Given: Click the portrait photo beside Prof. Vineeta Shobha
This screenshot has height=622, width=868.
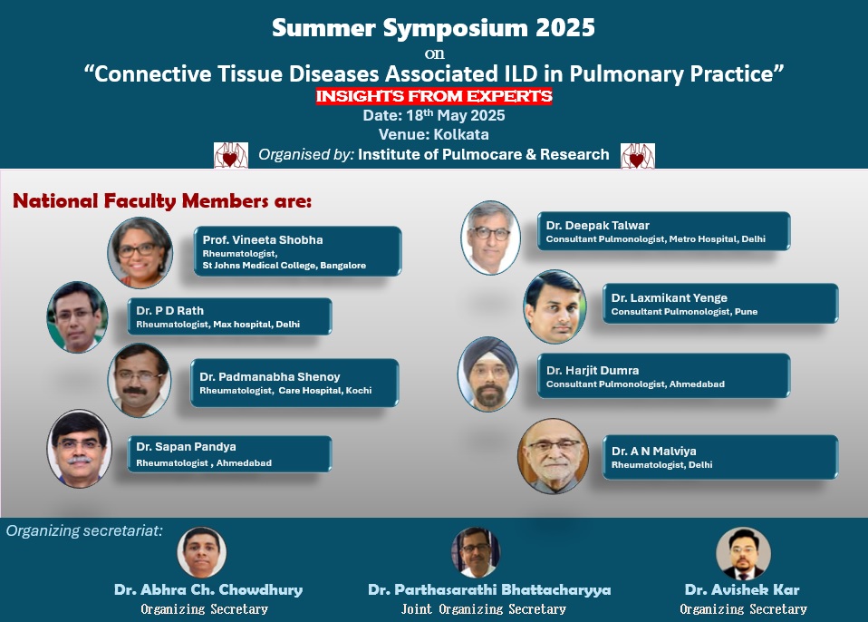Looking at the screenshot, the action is coord(140,253).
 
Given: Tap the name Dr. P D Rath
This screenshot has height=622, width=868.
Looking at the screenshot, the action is coord(170,311).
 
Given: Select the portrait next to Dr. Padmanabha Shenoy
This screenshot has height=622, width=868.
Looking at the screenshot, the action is coord(140,380).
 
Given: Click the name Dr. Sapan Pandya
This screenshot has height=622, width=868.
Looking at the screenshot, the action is coord(186,446).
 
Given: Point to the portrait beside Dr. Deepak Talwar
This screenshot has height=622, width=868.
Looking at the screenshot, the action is coord(490,238).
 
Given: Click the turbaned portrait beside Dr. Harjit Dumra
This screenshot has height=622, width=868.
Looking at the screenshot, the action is coord(487,374).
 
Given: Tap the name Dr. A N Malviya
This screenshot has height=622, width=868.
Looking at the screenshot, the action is coord(654,452).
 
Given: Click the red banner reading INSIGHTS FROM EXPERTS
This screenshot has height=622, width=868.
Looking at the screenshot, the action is coord(434,96).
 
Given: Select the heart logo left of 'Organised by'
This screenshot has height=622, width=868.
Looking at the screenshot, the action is coord(231,155).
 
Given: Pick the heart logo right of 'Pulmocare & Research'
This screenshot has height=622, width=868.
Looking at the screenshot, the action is coord(638,156).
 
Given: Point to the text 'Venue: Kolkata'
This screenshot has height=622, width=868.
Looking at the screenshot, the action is coord(433,134).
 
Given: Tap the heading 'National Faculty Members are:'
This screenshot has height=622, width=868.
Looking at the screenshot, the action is coord(162,200).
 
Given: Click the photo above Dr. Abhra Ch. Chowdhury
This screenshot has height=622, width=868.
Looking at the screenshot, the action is coord(201,552).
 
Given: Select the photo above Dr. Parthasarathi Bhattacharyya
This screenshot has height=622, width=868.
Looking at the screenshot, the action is coord(476,552).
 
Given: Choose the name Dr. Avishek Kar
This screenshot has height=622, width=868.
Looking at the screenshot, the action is coord(742,590).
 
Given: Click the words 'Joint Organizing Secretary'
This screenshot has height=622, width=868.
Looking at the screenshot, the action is coord(483,609).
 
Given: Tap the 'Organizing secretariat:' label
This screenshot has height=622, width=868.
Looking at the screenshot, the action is coord(84,530).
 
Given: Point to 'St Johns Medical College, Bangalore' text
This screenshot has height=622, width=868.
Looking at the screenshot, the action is coord(284,266).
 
